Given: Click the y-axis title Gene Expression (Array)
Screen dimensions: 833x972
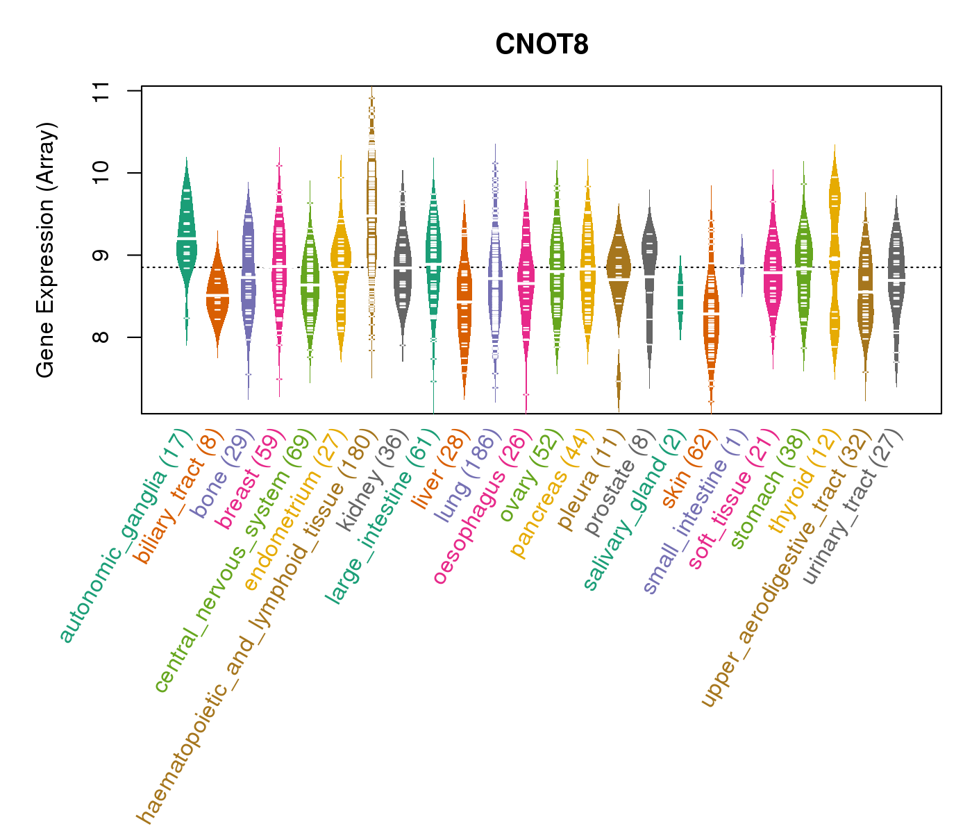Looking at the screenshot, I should pos(46,251).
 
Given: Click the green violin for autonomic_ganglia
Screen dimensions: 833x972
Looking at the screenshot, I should pos(186,236).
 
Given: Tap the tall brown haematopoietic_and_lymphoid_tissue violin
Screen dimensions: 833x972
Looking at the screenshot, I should pos(372,208).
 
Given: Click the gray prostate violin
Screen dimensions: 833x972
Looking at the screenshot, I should pos(649,278).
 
